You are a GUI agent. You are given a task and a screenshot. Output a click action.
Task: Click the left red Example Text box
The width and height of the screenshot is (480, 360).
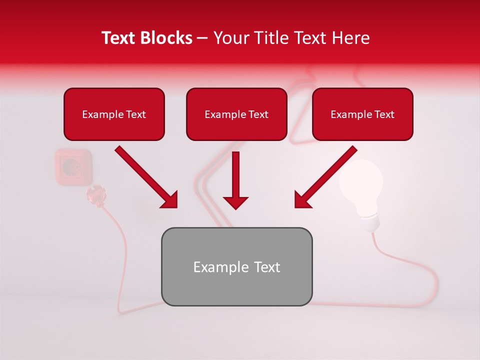114,114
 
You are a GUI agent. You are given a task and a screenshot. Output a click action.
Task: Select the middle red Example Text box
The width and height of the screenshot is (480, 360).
236,114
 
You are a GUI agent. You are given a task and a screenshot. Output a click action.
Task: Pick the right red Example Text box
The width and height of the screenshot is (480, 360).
362,114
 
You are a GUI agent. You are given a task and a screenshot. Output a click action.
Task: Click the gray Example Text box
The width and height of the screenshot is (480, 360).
236,266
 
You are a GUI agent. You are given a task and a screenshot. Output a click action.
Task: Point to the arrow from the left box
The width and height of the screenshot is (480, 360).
146,177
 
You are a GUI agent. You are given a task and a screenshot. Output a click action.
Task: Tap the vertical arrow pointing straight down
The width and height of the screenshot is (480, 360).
235,180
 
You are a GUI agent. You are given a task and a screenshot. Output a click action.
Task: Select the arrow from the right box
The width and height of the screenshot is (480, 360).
325,177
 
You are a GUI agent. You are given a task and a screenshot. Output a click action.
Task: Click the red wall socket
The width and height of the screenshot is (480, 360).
73,166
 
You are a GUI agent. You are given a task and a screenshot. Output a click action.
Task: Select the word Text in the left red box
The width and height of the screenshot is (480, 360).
136,114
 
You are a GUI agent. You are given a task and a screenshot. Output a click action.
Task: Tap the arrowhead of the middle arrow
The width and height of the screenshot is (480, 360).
235,202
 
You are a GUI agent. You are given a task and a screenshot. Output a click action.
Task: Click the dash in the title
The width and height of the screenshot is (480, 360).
202,38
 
